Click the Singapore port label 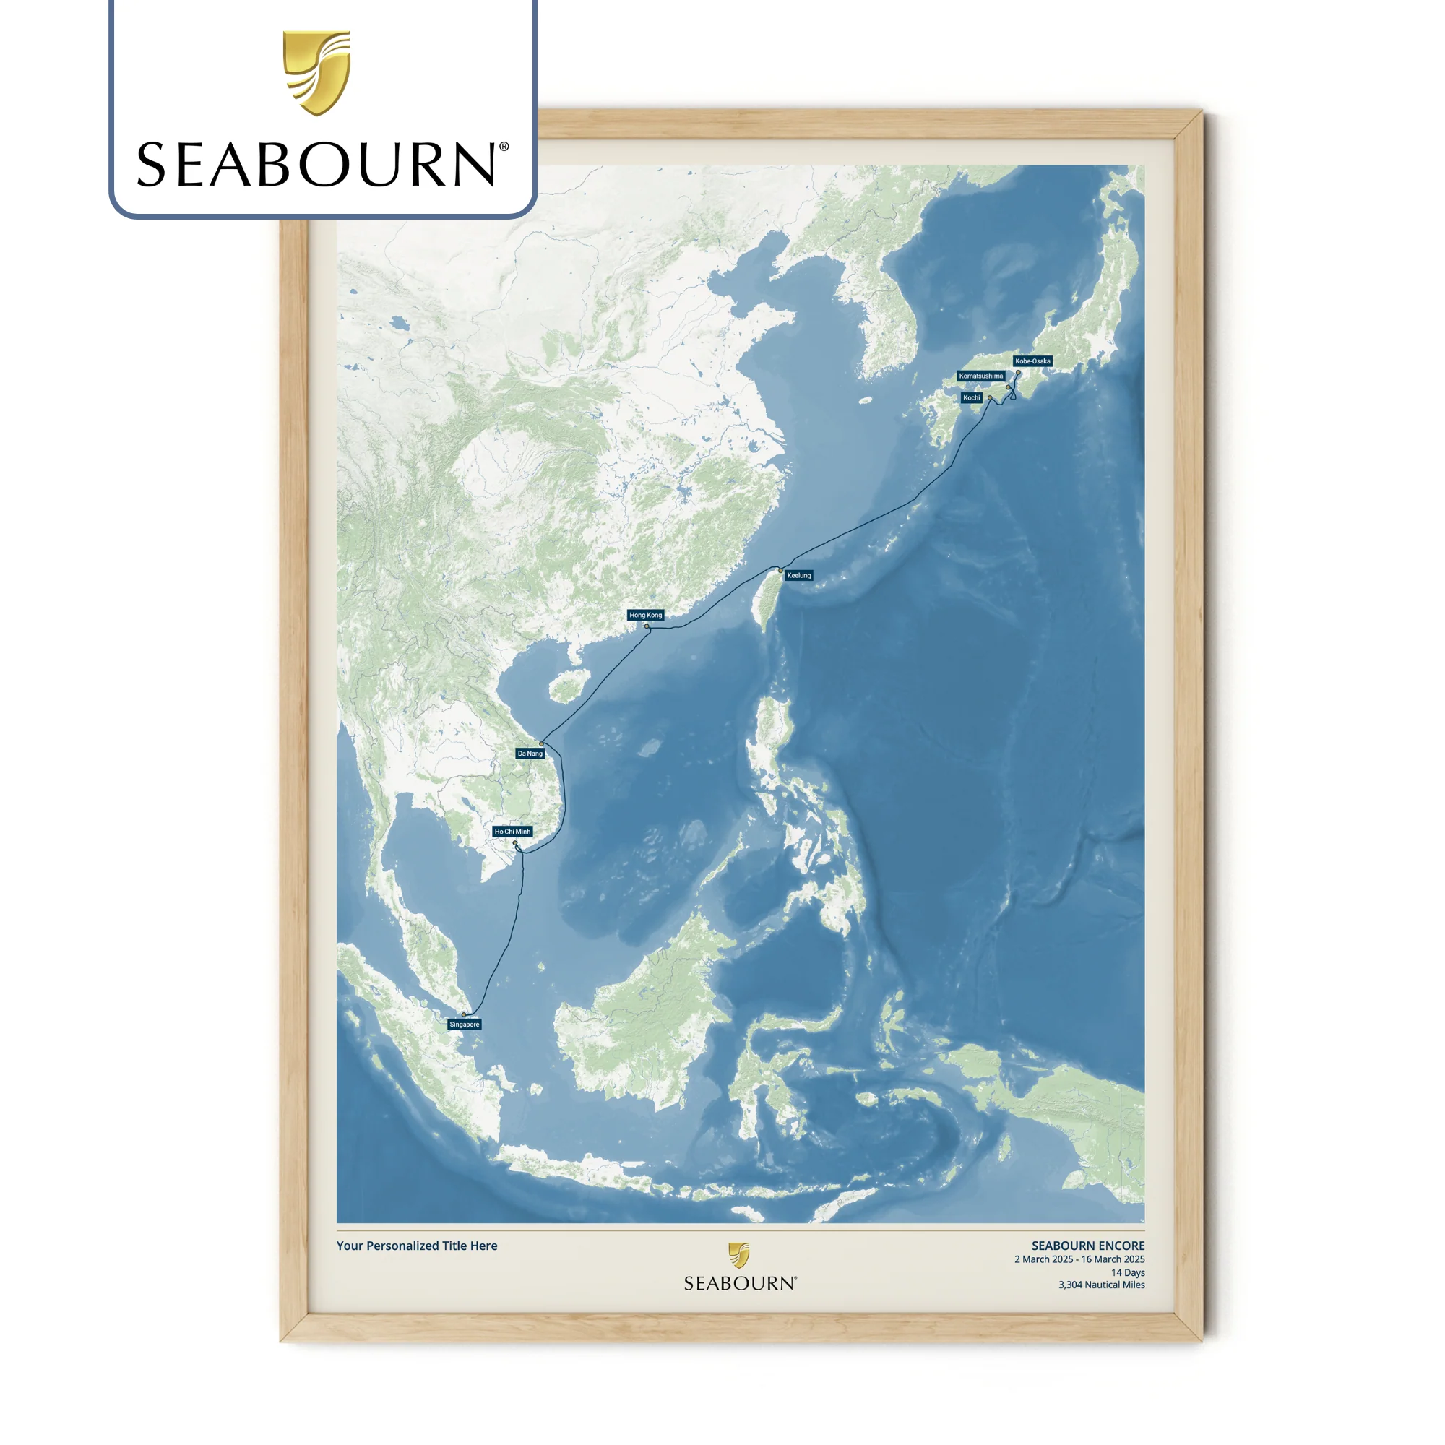[x=465, y=1025]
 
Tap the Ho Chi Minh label [x=512, y=832]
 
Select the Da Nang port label [x=530, y=753]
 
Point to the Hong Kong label [x=645, y=615]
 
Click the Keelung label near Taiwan [x=799, y=575]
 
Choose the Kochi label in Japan [x=972, y=398]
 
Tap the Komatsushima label [x=981, y=376]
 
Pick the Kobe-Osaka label [x=1033, y=361]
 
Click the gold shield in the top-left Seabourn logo [x=316, y=72]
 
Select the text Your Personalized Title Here [x=417, y=1246]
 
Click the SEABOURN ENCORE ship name [x=1087, y=1246]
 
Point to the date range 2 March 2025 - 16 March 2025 [x=1079, y=1259]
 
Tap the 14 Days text [x=1127, y=1272]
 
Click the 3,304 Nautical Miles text [x=1101, y=1285]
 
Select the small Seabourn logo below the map [x=740, y=1268]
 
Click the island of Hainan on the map [x=564, y=686]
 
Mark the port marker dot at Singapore [x=464, y=1015]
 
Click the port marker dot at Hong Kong [x=647, y=626]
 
